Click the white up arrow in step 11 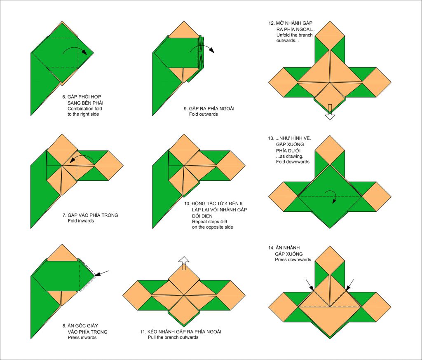[x=184, y=263]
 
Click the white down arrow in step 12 [x=330, y=112]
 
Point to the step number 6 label [x=64, y=97]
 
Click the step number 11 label [x=143, y=332]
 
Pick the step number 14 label [x=271, y=248]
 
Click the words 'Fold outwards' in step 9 [x=203, y=114]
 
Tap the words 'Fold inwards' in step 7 [x=81, y=221]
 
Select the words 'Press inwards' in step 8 [x=82, y=337]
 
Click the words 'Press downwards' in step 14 [x=293, y=259]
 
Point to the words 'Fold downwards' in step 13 [x=293, y=162]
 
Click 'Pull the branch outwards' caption [x=173, y=337]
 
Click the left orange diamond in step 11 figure [x=138, y=295]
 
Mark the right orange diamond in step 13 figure [x=376, y=196]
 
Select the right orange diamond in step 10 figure [x=230, y=166]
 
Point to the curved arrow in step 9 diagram [x=202, y=47]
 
